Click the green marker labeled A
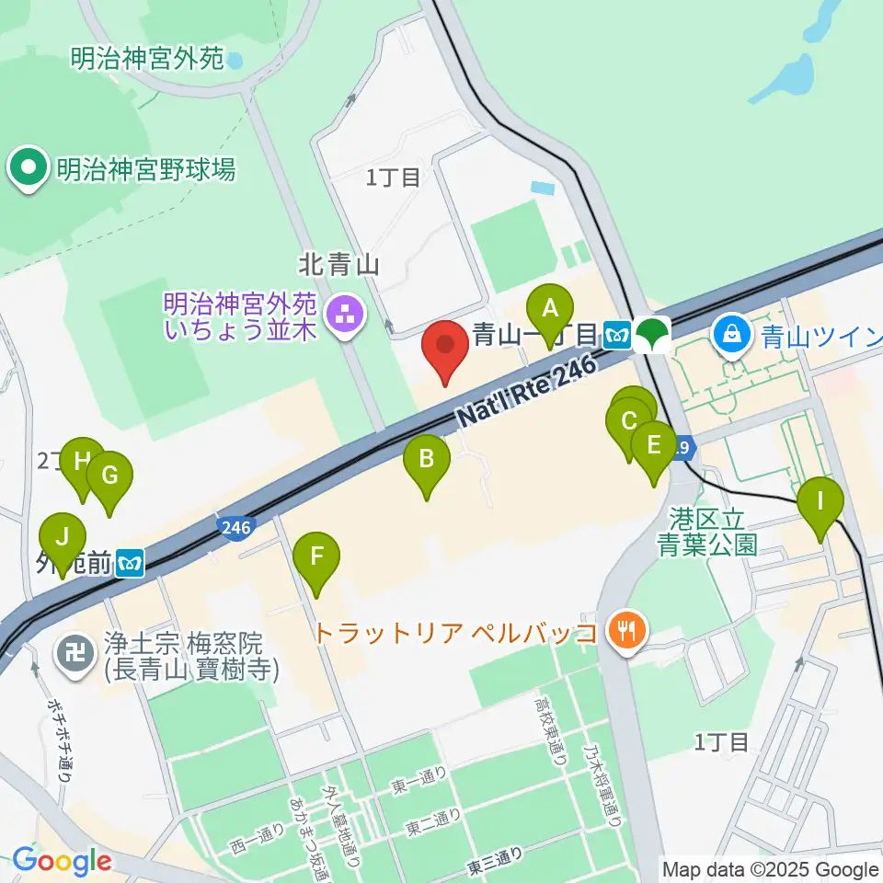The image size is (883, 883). pos(550,309)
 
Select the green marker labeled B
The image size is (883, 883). pos(427,458)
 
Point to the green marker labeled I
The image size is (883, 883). pos(820,502)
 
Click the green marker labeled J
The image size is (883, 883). pos(63,538)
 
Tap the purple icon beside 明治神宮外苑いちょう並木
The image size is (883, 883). pos(347,315)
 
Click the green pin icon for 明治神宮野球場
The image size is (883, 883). pos(29,167)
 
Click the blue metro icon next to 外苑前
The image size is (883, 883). pos(132,561)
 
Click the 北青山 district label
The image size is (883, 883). pos(339,265)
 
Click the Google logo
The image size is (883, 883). pos(62,861)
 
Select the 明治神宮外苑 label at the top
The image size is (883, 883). pos(147,59)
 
